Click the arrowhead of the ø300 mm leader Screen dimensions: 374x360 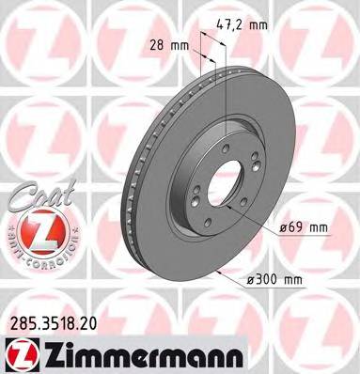pos(217,271)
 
